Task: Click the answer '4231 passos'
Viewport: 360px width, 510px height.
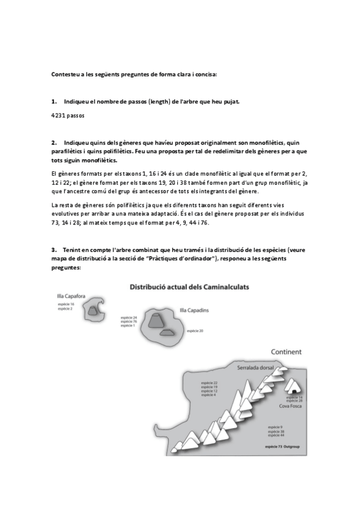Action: click(67, 114)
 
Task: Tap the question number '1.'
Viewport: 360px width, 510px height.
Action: click(54, 101)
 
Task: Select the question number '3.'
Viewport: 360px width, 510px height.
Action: click(54, 249)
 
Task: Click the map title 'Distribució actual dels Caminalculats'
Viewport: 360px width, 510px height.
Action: click(189, 287)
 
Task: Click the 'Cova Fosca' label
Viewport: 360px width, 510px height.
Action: click(290, 407)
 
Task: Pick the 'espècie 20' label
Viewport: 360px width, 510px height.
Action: click(195, 331)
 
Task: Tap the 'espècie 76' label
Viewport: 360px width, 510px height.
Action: click(129, 321)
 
